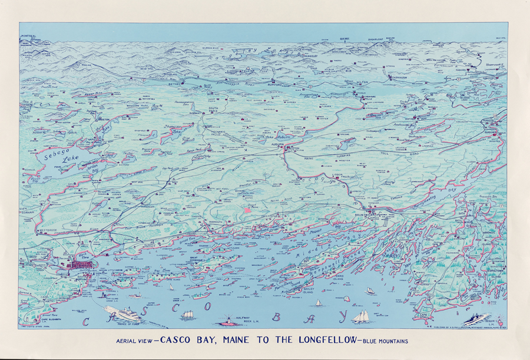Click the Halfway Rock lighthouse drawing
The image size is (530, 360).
click(x=228, y=319)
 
